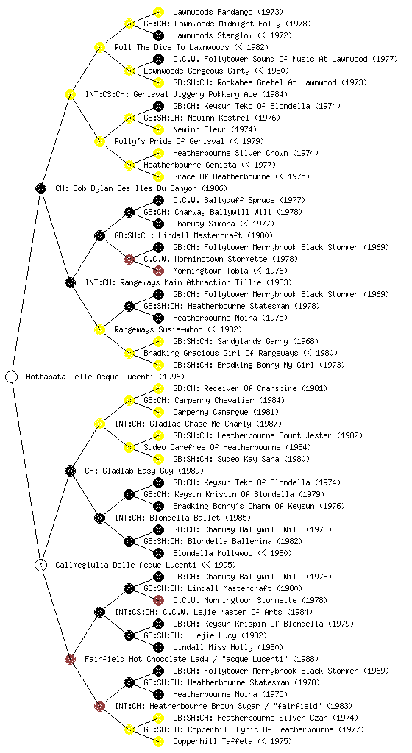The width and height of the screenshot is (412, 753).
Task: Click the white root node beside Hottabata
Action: pos(12,376)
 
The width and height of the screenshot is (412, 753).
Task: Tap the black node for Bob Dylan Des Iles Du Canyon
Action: pos(40,188)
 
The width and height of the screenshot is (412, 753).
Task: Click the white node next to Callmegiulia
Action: pos(40,565)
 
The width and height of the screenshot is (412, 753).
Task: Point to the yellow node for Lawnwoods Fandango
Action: pos(158,12)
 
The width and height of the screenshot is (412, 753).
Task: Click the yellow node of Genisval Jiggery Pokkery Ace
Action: pos(70,94)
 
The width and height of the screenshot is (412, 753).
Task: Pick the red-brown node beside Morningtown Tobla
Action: pos(158,271)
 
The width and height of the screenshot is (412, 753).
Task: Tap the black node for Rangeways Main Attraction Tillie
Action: pos(70,282)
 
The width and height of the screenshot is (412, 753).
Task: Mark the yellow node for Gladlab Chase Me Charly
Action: pos(99,424)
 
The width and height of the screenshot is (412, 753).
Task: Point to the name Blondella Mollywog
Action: pos(213,553)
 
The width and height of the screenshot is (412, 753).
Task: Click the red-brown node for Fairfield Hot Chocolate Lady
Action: pos(70,659)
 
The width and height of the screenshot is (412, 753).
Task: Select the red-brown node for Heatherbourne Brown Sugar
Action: pos(99,706)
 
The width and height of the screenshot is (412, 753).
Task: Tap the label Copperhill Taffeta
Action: pos(213,741)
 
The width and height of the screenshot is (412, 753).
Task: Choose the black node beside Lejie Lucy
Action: pos(129,635)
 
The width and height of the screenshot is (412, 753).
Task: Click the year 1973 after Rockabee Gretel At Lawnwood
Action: pos(355,82)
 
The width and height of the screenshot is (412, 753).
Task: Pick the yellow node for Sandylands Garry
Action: pos(158,341)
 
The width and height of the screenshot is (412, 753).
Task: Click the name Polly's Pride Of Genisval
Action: pos(169,141)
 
